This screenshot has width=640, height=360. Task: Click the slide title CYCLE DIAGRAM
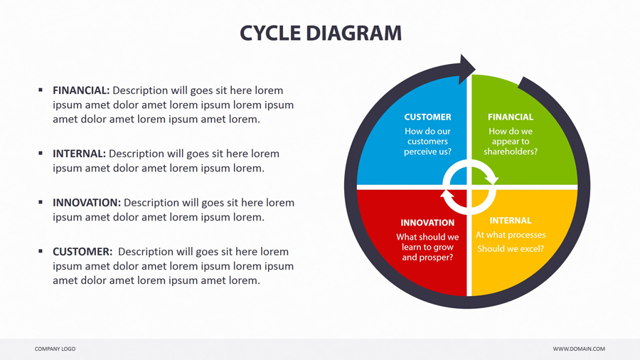click(320, 33)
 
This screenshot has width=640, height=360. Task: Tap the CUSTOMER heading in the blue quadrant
click(427, 117)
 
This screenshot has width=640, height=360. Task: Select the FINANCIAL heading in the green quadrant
click(510, 117)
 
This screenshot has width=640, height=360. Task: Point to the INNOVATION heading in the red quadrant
click(427, 223)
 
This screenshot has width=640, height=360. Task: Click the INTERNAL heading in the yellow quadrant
click(510, 221)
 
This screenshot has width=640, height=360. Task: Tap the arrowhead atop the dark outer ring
click(466, 69)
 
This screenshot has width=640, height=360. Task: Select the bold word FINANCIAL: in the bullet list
click(81, 90)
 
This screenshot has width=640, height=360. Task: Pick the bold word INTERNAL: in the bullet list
click(79, 154)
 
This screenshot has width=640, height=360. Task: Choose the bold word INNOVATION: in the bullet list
click(87, 203)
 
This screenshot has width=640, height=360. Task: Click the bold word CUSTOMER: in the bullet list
click(82, 252)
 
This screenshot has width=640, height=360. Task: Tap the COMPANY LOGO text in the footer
click(55, 349)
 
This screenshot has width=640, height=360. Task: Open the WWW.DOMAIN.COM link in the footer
click(579, 349)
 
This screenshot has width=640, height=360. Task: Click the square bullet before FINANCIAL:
click(41, 90)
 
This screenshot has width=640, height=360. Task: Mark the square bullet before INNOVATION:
click(41, 202)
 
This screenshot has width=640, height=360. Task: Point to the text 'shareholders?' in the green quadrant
click(510, 152)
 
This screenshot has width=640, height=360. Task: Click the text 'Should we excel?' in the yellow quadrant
click(510, 249)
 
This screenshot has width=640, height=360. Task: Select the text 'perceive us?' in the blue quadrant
click(427, 152)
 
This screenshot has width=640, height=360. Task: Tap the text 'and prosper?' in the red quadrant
click(427, 258)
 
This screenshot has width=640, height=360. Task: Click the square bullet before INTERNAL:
click(41, 153)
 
